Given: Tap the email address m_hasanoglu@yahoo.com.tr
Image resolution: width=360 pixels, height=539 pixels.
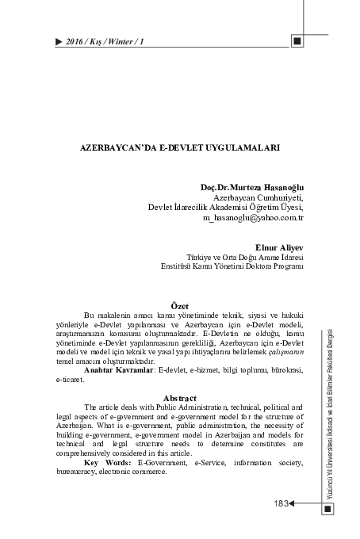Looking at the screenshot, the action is coord(254,216).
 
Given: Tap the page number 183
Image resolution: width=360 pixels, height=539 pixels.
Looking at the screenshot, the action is coord(280,503).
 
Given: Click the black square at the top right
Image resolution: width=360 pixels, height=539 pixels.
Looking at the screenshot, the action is coord(297,40).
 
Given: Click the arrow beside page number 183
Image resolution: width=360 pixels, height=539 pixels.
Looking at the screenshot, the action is coord(294,503).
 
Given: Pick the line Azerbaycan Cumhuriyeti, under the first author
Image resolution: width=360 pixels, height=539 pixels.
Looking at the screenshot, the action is coord(259,197).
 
